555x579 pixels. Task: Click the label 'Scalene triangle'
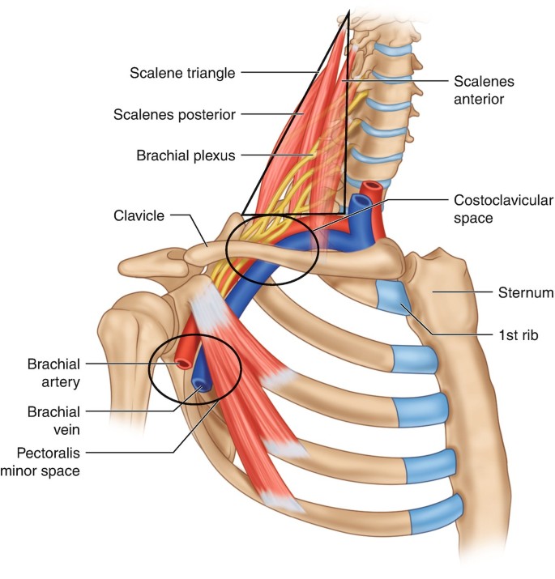click(x=181, y=73)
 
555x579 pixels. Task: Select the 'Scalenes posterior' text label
click(x=175, y=115)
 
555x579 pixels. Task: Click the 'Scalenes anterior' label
click(x=479, y=90)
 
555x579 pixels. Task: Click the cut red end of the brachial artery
click(x=184, y=364)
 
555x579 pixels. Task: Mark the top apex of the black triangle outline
click(x=348, y=12)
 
